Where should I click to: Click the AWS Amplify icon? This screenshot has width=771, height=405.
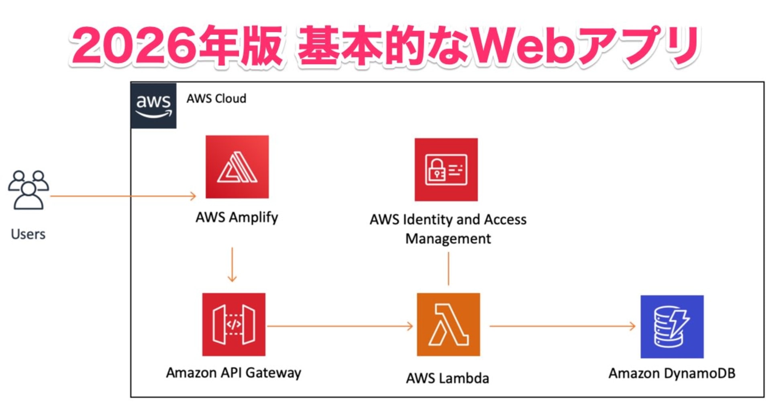[237, 167]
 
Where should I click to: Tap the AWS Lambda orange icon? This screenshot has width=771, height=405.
[448, 325]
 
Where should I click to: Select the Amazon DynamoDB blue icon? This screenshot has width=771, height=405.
[672, 327]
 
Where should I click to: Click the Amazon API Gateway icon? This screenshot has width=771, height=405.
[234, 325]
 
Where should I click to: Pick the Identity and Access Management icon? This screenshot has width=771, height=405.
[446, 170]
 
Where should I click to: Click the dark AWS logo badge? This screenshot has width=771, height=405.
[154, 106]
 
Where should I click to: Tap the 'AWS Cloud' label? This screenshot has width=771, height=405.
[216, 98]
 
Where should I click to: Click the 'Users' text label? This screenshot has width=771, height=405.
[28, 234]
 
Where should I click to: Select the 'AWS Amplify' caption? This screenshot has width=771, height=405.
[237, 217]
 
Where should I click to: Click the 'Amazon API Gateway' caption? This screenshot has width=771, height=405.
[234, 373]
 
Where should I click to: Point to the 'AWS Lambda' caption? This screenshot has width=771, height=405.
[447, 378]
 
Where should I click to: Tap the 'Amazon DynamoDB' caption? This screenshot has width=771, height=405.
[672, 373]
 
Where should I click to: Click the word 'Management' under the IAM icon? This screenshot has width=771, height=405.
[448, 239]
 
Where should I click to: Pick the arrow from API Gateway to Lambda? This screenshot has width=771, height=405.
[340, 326]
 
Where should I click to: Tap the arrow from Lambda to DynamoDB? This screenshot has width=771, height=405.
[562, 326]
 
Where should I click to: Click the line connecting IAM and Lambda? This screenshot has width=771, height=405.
[449, 268]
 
